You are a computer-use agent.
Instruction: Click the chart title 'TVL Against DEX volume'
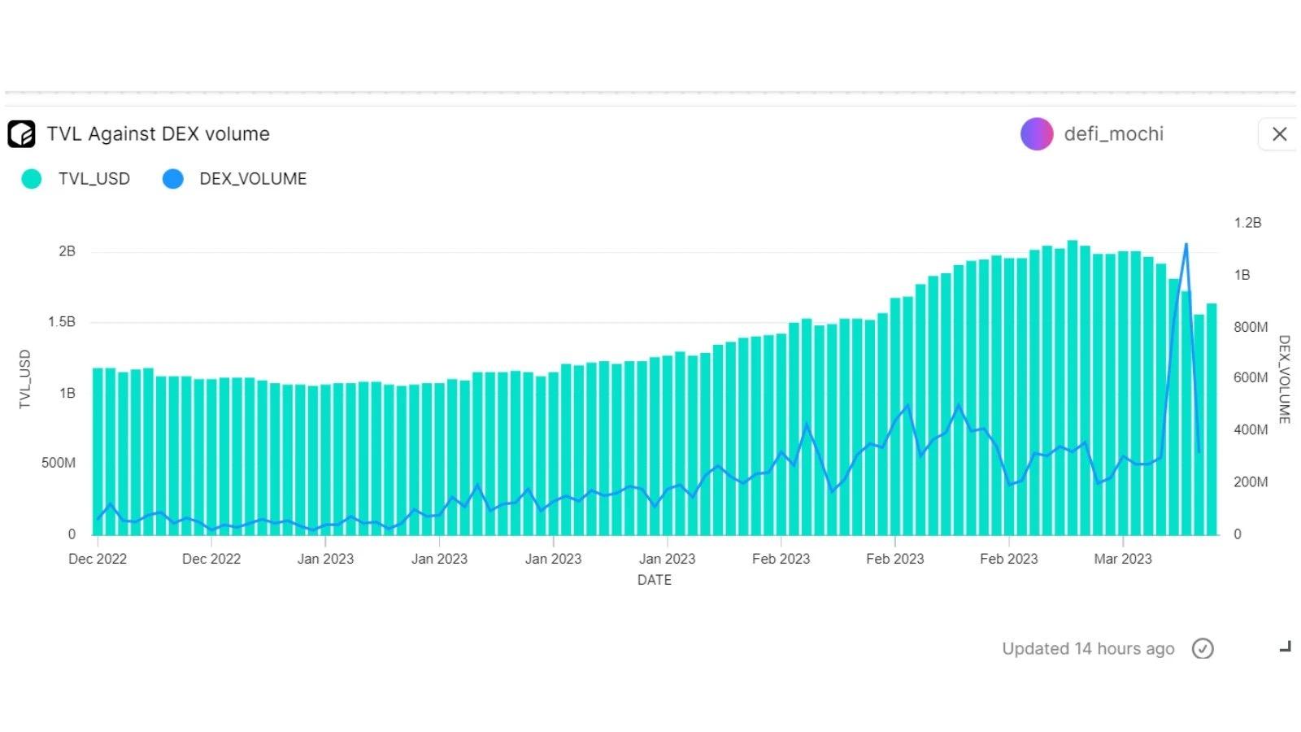point(158,134)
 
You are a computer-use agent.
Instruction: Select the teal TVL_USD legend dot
point(32,179)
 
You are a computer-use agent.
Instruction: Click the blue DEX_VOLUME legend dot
point(173,179)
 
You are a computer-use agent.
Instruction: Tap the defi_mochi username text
point(1113,134)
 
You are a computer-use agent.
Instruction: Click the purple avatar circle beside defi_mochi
point(1037,134)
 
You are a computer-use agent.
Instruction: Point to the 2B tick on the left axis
point(67,251)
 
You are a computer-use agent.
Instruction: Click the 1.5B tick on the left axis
point(61,322)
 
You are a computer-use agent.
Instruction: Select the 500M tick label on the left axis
point(59,463)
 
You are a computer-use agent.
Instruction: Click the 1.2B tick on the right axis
point(1247,223)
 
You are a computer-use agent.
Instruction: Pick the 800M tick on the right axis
point(1251,327)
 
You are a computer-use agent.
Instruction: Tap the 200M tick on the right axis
point(1251,482)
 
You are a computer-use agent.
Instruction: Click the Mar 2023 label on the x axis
point(1123,559)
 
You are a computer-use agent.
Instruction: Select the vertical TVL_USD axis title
point(25,379)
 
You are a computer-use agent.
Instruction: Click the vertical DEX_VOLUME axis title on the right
point(1284,379)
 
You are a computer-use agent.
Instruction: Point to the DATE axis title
point(655,580)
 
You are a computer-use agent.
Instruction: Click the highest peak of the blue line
point(1186,244)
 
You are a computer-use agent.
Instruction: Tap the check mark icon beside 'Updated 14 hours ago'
point(1203,648)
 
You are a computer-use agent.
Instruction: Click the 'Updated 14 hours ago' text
point(1088,648)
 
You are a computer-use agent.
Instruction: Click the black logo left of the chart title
point(22,134)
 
